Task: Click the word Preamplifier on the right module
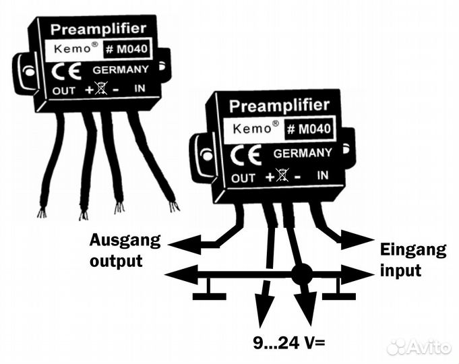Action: tap(279, 106)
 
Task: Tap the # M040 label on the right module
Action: tap(308, 129)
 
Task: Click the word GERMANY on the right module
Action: tap(303, 153)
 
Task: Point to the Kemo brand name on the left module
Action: tap(69, 51)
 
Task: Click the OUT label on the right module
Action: tap(243, 179)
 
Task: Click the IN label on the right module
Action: tap(324, 176)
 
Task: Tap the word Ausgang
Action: tap(125, 239)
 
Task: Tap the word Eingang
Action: tap(413, 250)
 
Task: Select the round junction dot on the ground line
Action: tap(301, 274)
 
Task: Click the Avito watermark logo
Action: tap(419, 346)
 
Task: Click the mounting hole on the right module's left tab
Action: tap(206, 156)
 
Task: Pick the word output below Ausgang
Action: tap(116, 260)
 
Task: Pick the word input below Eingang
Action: tap(401, 271)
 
